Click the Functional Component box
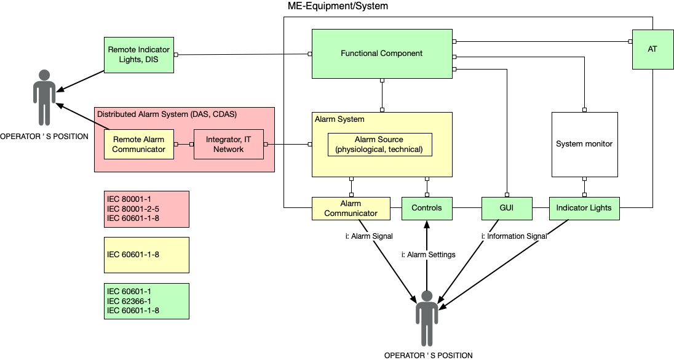(382, 54)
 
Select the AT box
(652, 49)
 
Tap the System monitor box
(585, 145)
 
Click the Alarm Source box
(379, 145)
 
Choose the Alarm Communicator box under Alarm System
(351, 209)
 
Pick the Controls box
(427, 209)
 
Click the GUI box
(507, 209)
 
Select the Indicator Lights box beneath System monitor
(584, 209)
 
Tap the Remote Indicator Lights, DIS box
(139, 55)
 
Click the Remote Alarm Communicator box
(139, 145)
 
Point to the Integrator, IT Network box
(229, 145)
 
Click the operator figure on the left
(44, 98)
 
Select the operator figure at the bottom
(427, 318)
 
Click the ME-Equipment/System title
(338, 6)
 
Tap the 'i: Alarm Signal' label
(369, 236)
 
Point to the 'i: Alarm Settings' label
(428, 255)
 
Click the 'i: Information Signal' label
(514, 236)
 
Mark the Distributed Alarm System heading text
(167, 114)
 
